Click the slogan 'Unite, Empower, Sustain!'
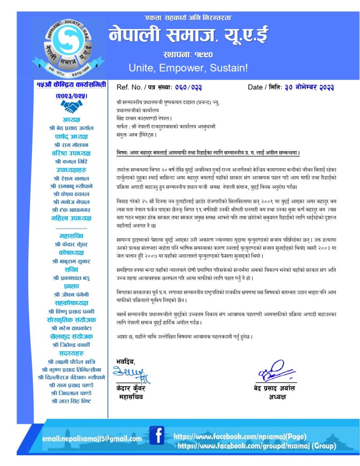(x=188, y=68)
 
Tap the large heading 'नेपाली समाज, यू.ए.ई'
(x=188, y=35)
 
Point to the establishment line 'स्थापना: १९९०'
(x=188, y=55)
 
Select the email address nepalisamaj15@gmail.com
(x=92, y=439)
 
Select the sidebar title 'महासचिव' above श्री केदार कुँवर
(x=71, y=236)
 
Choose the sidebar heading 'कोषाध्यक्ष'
(x=71, y=252)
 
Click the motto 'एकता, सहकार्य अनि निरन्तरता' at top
(x=187, y=18)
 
